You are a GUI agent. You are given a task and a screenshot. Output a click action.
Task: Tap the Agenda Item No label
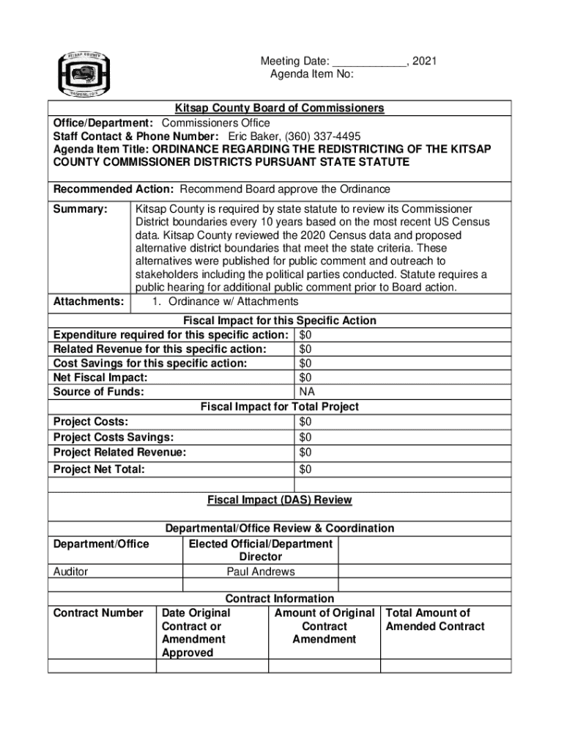click(x=312, y=75)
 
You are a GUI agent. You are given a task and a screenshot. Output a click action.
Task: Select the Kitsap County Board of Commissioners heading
click(x=279, y=109)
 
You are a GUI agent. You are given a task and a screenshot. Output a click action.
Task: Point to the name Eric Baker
click(x=251, y=136)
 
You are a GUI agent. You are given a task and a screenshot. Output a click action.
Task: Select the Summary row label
click(x=81, y=209)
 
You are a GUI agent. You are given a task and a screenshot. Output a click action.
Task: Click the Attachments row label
click(x=88, y=301)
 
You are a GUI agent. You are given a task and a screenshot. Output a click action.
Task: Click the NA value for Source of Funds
click(x=307, y=392)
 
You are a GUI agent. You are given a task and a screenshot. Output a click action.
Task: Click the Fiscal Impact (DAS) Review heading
click(x=279, y=500)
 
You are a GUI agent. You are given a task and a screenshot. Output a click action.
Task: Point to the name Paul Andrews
click(x=261, y=571)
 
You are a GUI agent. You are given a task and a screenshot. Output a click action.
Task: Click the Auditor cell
click(x=71, y=571)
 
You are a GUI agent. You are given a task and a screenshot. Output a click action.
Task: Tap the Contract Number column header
click(x=98, y=613)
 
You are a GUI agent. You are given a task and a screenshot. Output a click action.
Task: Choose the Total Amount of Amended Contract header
click(x=435, y=620)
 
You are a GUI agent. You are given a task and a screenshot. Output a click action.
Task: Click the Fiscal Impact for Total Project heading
click(x=279, y=406)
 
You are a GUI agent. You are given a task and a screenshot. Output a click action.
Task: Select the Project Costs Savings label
click(x=114, y=437)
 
